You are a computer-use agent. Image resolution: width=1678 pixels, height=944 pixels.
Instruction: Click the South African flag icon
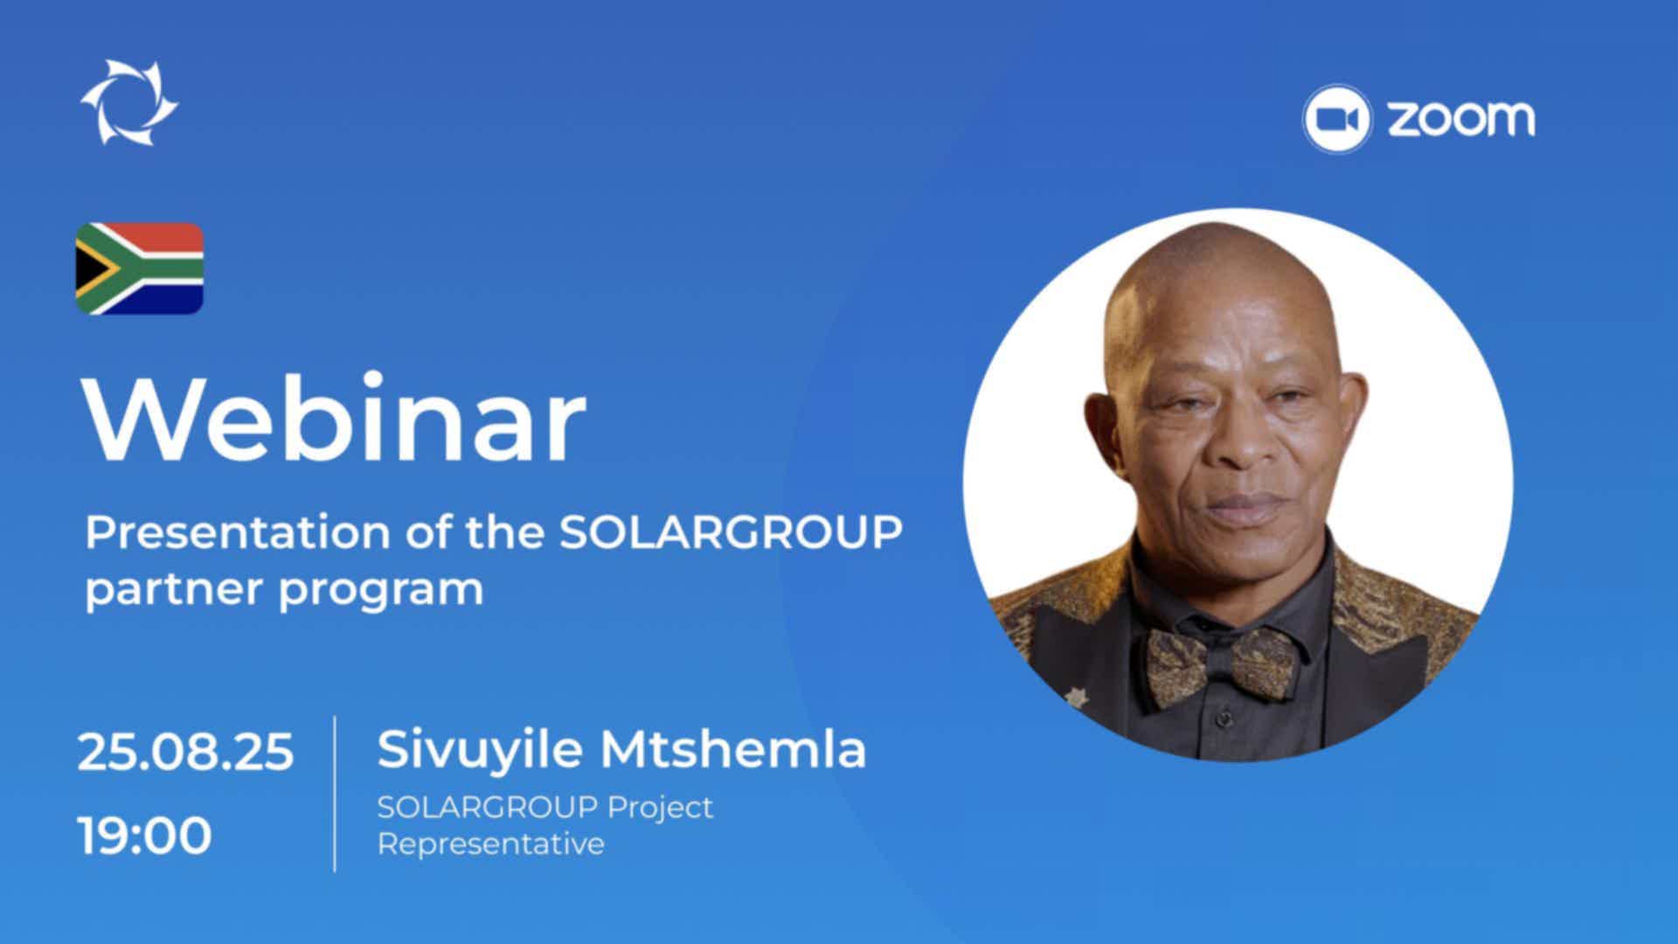(139, 269)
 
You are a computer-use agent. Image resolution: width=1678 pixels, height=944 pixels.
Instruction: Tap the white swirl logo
(129, 101)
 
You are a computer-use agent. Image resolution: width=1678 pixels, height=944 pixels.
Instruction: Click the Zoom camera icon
(1336, 119)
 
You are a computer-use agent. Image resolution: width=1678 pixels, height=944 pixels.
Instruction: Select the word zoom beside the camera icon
(1461, 119)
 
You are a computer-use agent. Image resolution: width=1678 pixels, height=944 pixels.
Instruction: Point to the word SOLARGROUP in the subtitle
(731, 532)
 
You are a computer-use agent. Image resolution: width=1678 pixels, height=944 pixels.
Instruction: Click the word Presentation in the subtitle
(237, 532)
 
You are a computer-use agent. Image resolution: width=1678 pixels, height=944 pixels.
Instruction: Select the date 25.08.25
(185, 752)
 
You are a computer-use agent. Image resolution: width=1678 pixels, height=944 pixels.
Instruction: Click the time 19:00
(145, 835)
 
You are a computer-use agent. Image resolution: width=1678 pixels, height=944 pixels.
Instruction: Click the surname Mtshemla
(733, 749)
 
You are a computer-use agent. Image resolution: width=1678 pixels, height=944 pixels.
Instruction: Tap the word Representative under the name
(490, 844)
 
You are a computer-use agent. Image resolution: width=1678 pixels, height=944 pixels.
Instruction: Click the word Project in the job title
(661, 808)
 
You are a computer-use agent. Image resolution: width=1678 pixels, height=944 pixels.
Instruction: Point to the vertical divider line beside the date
(335, 794)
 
